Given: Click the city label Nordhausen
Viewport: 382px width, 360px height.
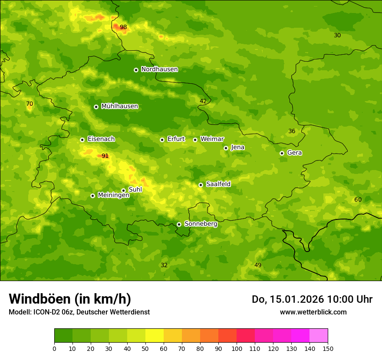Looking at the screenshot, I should pyautogui.click(x=159, y=69).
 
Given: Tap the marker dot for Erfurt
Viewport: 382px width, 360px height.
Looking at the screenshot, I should pyautogui.click(x=162, y=140).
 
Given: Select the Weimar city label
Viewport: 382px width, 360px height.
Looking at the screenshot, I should pyautogui.click(x=212, y=139).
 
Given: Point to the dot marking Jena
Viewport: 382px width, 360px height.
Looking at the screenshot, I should pyautogui.click(x=226, y=148).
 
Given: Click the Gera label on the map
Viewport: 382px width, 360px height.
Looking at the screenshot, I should pyautogui.click(x=294, y=153).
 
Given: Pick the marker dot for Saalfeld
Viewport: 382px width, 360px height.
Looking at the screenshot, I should pyautogui.click(x=201, y=185).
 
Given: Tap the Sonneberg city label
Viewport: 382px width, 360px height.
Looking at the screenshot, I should pyautogui.click(x=201, y=224).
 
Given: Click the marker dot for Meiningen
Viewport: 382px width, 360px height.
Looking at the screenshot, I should pyautogui.click(x=92, y=196).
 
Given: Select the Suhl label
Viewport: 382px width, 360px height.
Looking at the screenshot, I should pyautogui.click(x=135, y=190).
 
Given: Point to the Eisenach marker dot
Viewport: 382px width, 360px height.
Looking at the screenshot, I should pyautogui.click(x=82, y=140).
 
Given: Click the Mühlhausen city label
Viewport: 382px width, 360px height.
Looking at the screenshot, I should pyautogui.click(x=119, y=106).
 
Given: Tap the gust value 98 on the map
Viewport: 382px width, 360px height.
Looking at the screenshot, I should pyautogui.click(x=123, y=27).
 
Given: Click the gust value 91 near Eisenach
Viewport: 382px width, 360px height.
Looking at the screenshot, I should pyautogui.click(x=105, y=156).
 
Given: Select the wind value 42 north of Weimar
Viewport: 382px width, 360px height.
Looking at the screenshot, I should pyautogui.click(x=203, y=101).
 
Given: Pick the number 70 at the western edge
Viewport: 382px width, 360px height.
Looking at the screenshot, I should pyautogui.click(x=30, y=104).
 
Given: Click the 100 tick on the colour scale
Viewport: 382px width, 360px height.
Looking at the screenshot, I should pyautogui.click(x=237, y=348).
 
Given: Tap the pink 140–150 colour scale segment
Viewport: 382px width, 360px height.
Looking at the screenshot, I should pyautogui.click(x=319, y=335).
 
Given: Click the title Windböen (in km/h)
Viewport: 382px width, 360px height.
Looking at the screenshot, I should pyautogui.click(x=70, y=299).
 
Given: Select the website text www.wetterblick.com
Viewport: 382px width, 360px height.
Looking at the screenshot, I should pyautogui.click(x=313, y=312).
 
